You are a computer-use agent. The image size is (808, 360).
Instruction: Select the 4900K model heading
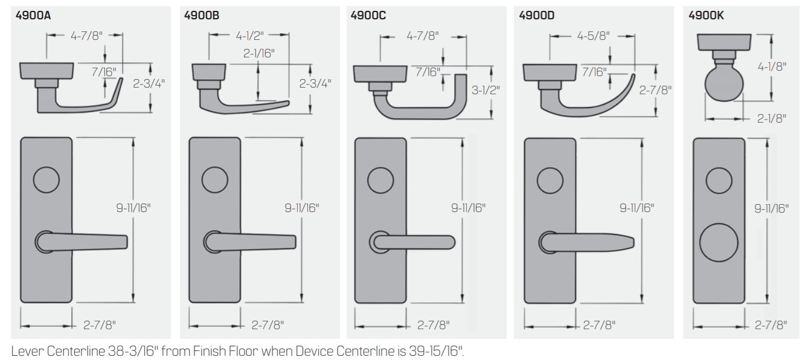click(710, 16)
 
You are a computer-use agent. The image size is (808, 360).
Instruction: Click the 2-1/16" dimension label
click(259, 54)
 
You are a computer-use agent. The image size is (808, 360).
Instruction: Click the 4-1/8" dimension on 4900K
click(774, 66)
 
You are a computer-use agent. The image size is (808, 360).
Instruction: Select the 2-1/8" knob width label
click(772, 118)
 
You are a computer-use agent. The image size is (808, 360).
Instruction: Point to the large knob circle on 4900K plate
click(719, 246)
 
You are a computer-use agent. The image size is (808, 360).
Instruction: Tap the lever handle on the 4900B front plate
click(254, 242)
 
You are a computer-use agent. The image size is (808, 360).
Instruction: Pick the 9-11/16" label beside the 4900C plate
click(468, 208)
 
